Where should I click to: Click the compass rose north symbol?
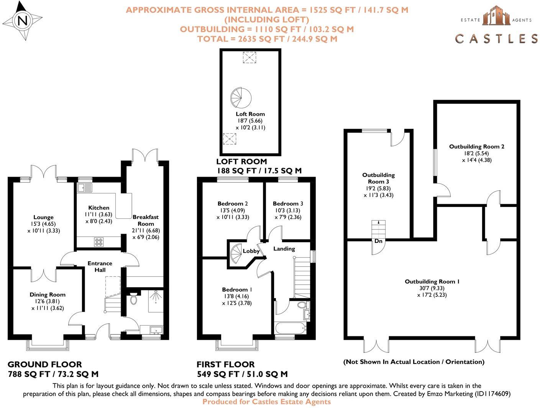click(x=23, y=21)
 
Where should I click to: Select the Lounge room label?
click(x=43, y=217)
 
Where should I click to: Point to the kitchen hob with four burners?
click(x=99, y=242)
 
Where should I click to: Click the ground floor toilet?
click(x=133, y=298)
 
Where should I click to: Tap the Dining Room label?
click(x=48, y=295)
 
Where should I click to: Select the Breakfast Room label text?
click(x=146, y=220)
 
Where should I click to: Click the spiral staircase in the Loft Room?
click(x=241, y=98)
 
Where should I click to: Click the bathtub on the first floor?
click(x=290, y=328)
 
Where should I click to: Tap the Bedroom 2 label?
click(x=233, y=203)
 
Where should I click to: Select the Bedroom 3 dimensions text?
click(x=287, y=214)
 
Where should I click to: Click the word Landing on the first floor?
click(x=284, y=249)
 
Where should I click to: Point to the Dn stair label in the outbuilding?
click(x=378, y=241)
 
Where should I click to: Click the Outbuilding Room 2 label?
click(x=476, y=146)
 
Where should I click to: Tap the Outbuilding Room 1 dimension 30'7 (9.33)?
click(x=432, y=288)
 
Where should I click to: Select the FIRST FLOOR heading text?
click(x=225, y=364)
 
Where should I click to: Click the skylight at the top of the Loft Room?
click(x=249, y=57)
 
